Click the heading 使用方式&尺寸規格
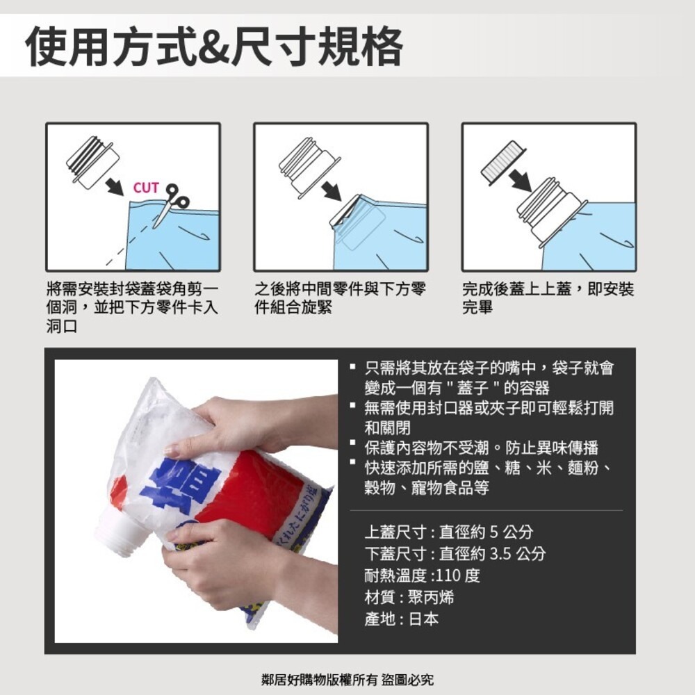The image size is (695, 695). click(x=214, y=47)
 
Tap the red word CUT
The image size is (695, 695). click(x=146, y=188)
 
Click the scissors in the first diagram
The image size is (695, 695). click(x=170, y=203)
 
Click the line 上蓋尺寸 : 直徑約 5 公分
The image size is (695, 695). click(x=449, y=532)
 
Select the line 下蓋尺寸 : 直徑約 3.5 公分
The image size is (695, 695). click(x=455, y=554)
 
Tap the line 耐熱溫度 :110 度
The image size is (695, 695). click(x=422, y=575)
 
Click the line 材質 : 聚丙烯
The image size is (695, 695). click(x=409, y=597)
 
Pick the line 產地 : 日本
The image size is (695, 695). click(x=402, y=619)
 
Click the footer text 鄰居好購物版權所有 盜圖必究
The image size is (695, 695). click(x=347, y=679)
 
